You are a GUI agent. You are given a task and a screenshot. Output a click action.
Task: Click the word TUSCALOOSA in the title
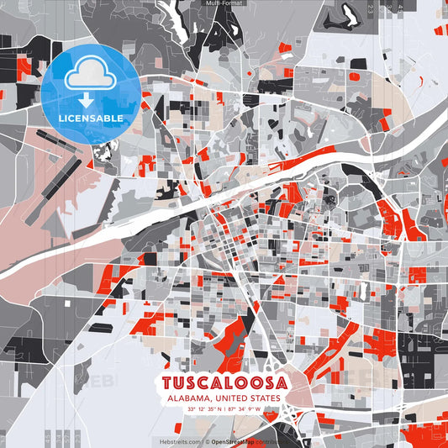(x=224, y=382)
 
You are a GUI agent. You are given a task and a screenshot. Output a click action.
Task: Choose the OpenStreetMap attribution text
(x=234, y=440)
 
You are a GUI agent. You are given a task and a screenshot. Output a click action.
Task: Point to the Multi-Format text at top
(x=224, y=3)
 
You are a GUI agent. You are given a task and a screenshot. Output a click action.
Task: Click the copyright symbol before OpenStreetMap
(x=207, y=440)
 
